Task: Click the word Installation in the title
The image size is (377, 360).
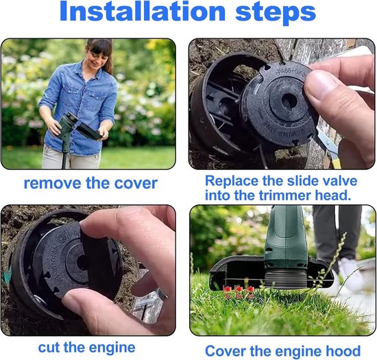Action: point(143,11)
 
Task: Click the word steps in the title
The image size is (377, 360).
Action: point(276,13)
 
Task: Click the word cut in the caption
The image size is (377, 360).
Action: point(49,348)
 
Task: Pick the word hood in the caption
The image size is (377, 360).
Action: point(345,351)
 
